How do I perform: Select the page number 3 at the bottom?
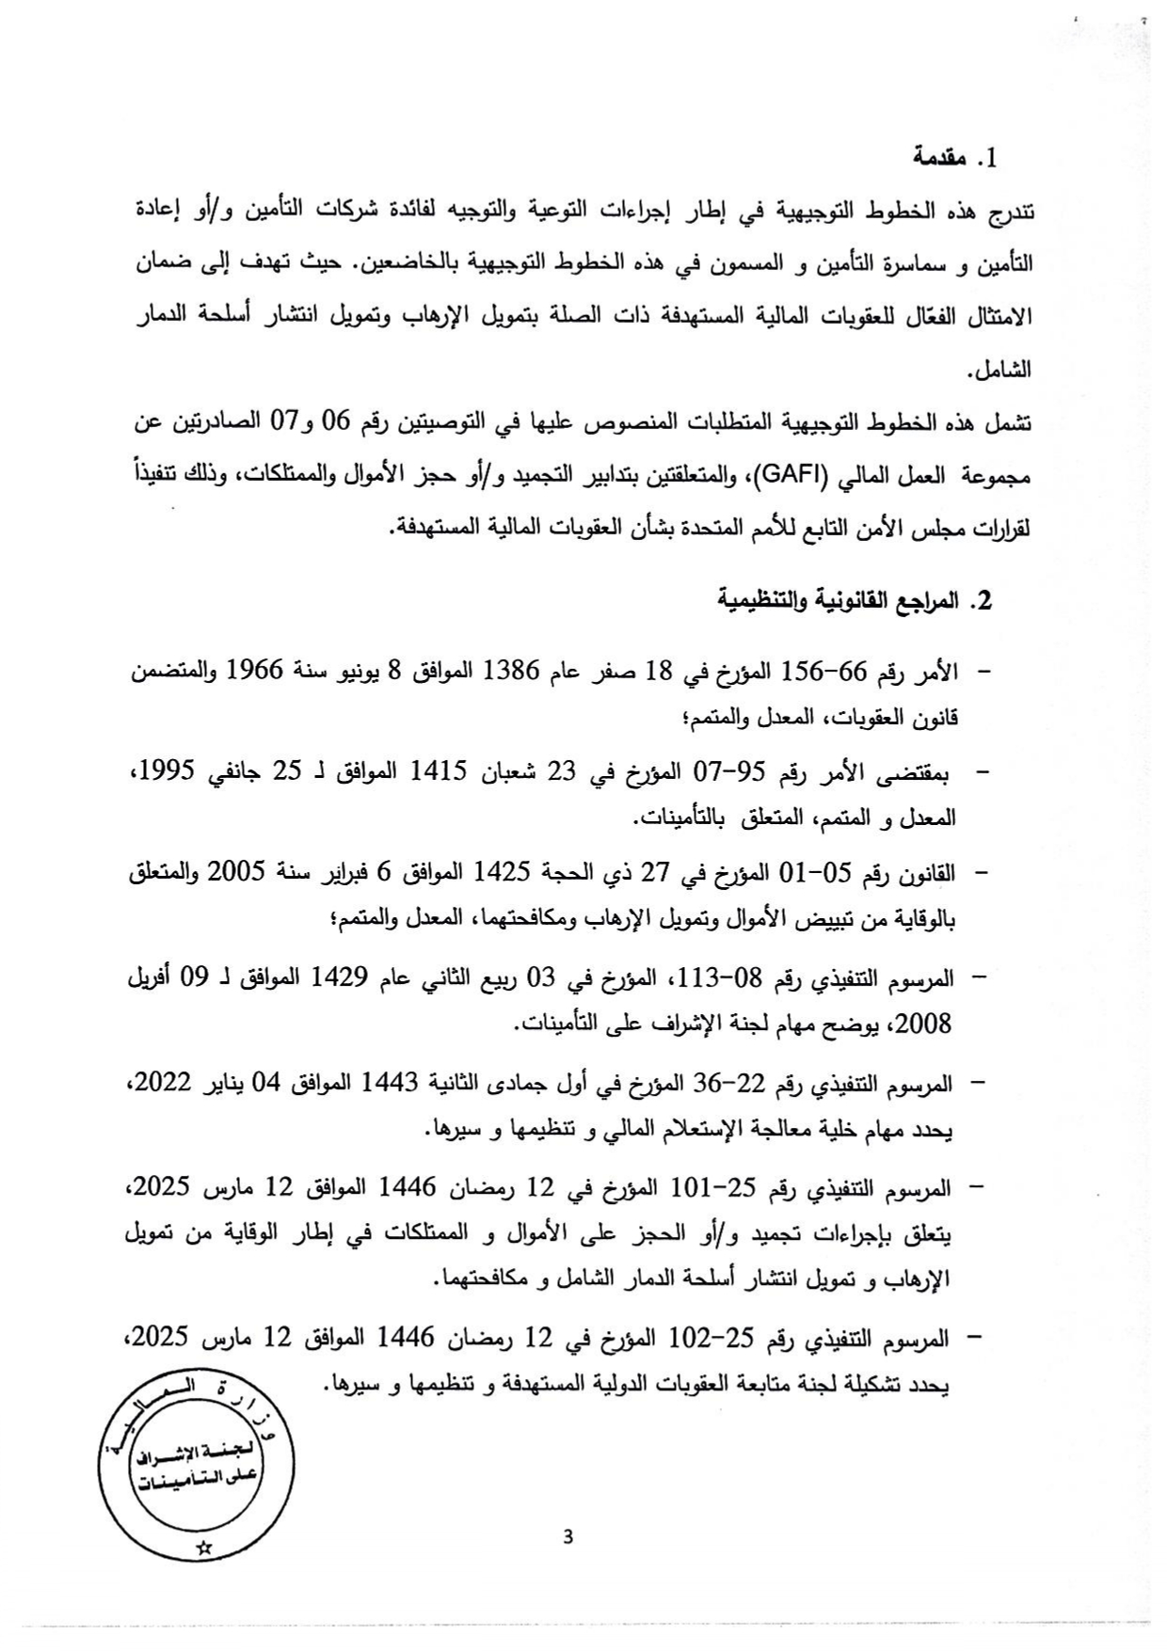coord(567,1538)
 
